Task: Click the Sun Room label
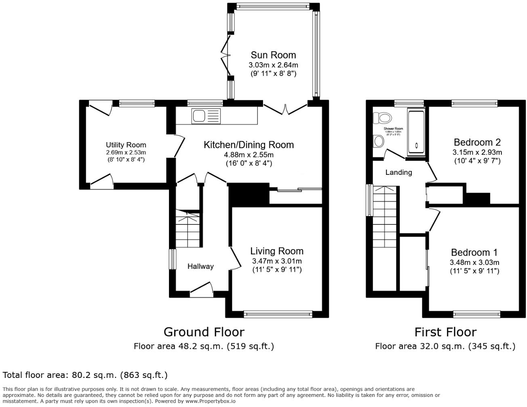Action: point(273,55)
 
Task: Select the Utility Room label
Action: point(126,145)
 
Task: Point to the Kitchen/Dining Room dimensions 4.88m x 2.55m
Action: point(249,155)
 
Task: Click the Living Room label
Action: point(276,251)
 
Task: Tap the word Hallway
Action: point(200,266)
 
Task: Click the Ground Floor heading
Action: point(204,332)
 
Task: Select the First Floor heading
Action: point(445,332)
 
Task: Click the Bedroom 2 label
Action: point(477,142)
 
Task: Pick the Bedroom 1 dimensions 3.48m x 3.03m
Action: point(474,262)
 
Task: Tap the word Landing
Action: point(398,172)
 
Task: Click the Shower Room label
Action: point(393,129)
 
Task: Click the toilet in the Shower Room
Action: point(382,118)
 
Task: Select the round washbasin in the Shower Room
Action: point(379,141)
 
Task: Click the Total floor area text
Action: point(85,375)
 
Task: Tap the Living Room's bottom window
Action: point(278,313)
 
